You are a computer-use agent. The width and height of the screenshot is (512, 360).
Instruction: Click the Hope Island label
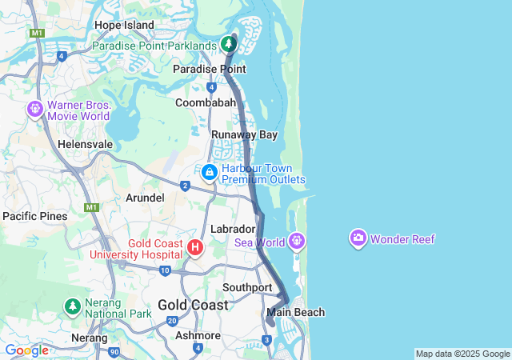(123, 25)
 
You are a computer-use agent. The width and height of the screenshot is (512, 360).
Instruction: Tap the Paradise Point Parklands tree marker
(230, 42)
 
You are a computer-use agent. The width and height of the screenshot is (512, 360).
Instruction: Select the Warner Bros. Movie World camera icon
(35, 108)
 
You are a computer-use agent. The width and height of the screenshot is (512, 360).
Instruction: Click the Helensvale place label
(85, 144)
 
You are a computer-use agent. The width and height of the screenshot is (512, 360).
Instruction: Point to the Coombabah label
(206, 102)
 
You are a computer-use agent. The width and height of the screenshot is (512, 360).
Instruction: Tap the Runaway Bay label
(244, 134)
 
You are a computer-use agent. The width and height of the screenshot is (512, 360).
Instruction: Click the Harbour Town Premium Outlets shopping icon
(209, 172)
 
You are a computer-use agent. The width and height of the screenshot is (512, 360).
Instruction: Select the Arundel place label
(145, 198)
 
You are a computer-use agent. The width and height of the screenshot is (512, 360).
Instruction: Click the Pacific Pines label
(34, 216)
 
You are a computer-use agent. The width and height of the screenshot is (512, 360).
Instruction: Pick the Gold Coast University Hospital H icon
(195, 247)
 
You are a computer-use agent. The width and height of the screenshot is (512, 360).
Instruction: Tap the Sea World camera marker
(297, 239)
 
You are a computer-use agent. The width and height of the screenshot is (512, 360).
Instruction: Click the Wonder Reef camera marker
(358, 238)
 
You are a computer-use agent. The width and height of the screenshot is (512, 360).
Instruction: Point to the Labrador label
(232, 229)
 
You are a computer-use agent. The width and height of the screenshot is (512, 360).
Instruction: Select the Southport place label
(247, 287)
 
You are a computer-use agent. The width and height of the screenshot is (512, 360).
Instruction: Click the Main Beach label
(296, 312)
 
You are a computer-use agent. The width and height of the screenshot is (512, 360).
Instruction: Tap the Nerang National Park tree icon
(72, 306)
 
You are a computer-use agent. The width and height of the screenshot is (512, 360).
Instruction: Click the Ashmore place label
(198, 335)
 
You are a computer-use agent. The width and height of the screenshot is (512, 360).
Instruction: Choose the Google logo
(26, 350)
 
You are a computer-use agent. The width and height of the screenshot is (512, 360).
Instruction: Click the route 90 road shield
(114, 351)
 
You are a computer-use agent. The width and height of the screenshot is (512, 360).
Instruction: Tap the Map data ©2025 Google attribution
(462, 354)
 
